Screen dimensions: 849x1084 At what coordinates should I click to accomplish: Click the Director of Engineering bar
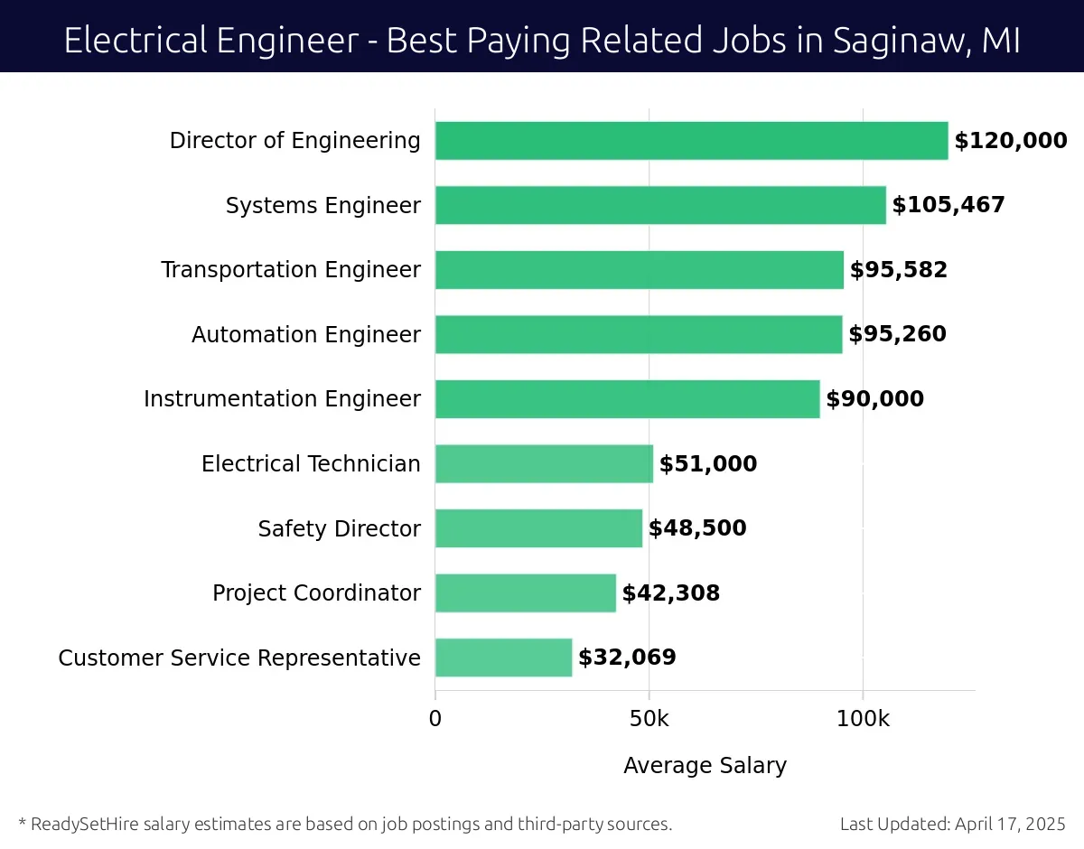pos(691,141)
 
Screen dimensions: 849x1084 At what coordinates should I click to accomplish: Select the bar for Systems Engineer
pos(660,205)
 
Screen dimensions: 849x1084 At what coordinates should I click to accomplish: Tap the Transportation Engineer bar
pos(639,270)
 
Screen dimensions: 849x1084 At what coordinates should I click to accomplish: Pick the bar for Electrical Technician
pos(544,464)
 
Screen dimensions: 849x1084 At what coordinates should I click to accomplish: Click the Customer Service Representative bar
pos(503,658)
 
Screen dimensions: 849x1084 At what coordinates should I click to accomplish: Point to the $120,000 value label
pos(1011,141)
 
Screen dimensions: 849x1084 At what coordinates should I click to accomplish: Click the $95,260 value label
pos(898,335)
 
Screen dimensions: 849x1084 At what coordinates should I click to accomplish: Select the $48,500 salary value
pos(697,528)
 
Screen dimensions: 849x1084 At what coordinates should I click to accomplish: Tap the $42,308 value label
pos(671,593)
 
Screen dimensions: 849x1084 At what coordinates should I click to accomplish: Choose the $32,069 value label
pos(627,658)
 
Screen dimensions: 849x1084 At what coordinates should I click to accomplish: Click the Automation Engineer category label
pos(306,335)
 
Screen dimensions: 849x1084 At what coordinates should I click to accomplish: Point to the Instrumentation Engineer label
pos(282,399)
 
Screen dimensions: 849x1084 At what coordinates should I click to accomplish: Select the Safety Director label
pos(340,528)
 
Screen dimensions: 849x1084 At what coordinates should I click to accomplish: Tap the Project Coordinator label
pos(316,593)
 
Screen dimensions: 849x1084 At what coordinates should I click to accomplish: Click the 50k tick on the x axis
pos(649,720)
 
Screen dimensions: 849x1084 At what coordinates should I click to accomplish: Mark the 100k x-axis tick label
pos(863,720)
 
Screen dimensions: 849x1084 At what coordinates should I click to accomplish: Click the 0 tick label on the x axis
pos(435,720)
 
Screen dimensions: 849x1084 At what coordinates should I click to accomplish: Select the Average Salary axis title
pos(705,766)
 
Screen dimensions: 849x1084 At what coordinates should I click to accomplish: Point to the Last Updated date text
pos(952,824)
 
